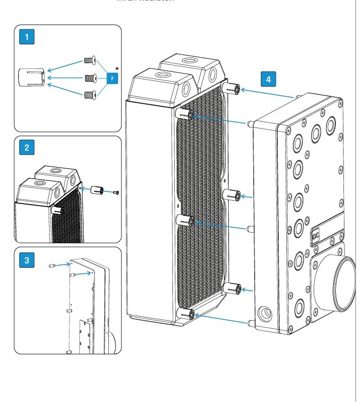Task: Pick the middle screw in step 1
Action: pos(89,77)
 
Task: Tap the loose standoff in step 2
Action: pos(97,191)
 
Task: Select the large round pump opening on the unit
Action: pos(343,281)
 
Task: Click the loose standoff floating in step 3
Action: pos(53,266)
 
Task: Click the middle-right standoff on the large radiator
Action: pos(234,195)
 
